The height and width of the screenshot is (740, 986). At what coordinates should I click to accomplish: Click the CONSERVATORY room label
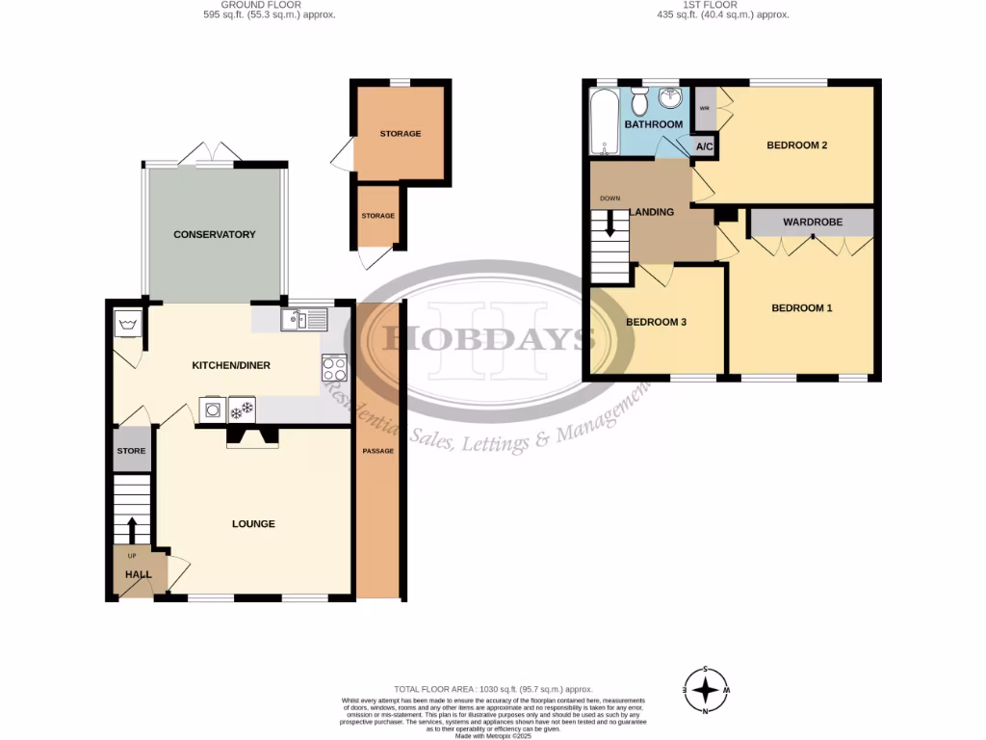click(214, 234)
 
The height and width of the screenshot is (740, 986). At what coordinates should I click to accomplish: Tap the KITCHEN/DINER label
click(231, 365)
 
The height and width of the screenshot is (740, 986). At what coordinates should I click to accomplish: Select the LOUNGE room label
click(253, 524)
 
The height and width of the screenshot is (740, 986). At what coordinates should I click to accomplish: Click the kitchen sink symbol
click(303, 319)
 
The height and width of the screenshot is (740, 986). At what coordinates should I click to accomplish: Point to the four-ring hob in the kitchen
click(335, 368)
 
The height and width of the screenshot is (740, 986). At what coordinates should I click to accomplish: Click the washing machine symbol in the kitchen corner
click(127, 324)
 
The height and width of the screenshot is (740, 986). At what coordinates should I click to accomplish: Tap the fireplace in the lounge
click(252, 438)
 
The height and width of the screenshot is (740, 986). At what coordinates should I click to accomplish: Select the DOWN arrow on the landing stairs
click(609, 224)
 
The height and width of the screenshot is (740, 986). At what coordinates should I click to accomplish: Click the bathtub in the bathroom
click(603, 122)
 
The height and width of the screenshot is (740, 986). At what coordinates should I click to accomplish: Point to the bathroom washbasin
click(670, 101)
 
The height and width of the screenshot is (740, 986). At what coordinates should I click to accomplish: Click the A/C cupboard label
click(704, 146)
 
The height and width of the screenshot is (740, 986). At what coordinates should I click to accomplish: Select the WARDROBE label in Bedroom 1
click(812, 222)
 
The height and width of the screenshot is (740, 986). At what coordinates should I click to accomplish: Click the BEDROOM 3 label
click(656, 322)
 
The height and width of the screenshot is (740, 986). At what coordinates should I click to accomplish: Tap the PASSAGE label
click(377, 451)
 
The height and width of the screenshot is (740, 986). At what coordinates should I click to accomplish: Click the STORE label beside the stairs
click(131, 451)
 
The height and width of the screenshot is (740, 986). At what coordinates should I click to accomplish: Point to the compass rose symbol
click(707, 690)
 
